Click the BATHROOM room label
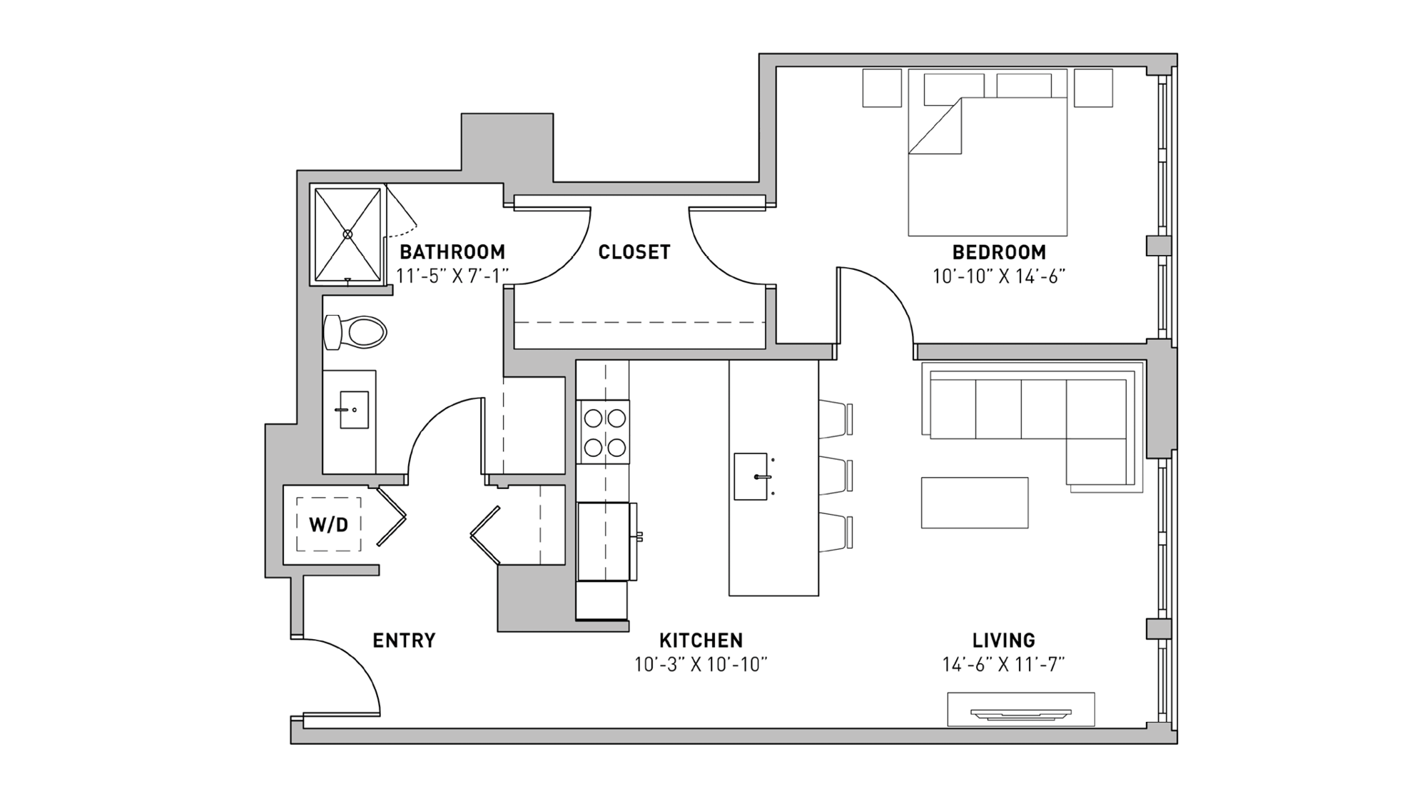click(452, 252)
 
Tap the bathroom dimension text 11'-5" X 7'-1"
click(452, 276)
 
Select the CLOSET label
click(634, 252)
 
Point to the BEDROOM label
click(998, 252)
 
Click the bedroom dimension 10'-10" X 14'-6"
click(998, 276)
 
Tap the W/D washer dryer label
click(328, 525)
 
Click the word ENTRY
click(404, 640)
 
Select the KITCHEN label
click(701, 640)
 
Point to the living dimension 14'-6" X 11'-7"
click(1002, 665)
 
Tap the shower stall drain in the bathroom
click(347, 234)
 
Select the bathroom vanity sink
click(353, 410)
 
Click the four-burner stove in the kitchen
click(604, 432)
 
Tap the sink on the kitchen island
click(751, 476)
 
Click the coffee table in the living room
click(974, 503)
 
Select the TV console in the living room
click(1020, 709)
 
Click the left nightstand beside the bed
click(882, 88)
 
